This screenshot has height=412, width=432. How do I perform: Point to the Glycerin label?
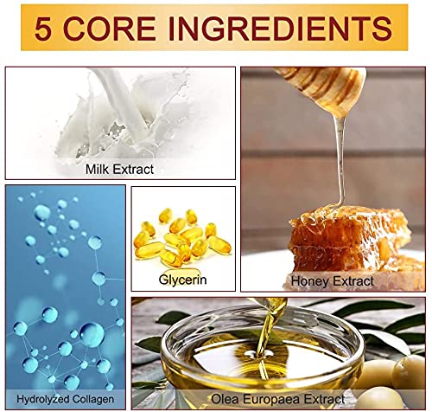click(x=182, y=280)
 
